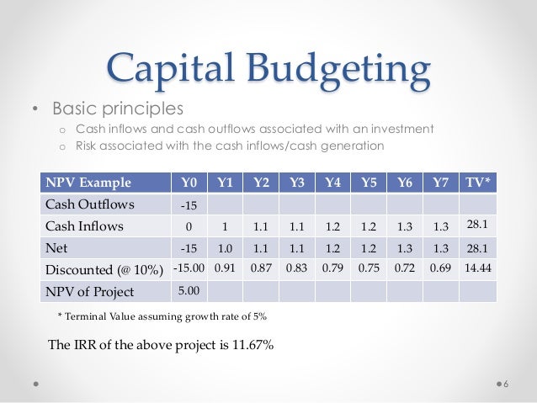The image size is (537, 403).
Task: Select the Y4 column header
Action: pos(333,182)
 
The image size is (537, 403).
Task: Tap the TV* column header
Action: pos(478,182)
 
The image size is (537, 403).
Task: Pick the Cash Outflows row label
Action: pos(86,204)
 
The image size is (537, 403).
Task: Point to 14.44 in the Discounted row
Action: pos(478,269)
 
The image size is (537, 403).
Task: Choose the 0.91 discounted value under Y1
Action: pos(225,269)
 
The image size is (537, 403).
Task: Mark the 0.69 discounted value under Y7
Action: pos(440,269)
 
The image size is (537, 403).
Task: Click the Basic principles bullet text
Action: pos(117,109)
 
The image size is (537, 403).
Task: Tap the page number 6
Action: pos(506,384)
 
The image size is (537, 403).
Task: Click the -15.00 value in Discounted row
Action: pos(187,269)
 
